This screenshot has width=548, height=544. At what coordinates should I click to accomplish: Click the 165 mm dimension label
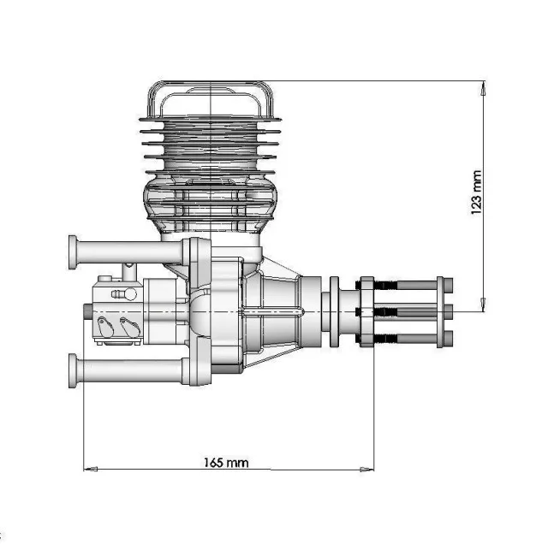click(226, 463)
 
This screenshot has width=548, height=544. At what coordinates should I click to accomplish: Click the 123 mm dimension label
click(477, 192)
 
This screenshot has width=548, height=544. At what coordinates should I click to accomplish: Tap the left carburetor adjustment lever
click(104, 325)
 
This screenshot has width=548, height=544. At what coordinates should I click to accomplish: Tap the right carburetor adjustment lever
click(129, 325)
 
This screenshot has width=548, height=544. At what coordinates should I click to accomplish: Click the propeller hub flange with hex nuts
click(366, 310)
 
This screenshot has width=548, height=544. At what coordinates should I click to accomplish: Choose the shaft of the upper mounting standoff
click(128, 251)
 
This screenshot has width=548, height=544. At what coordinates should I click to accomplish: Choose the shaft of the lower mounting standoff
click(128, 370)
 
